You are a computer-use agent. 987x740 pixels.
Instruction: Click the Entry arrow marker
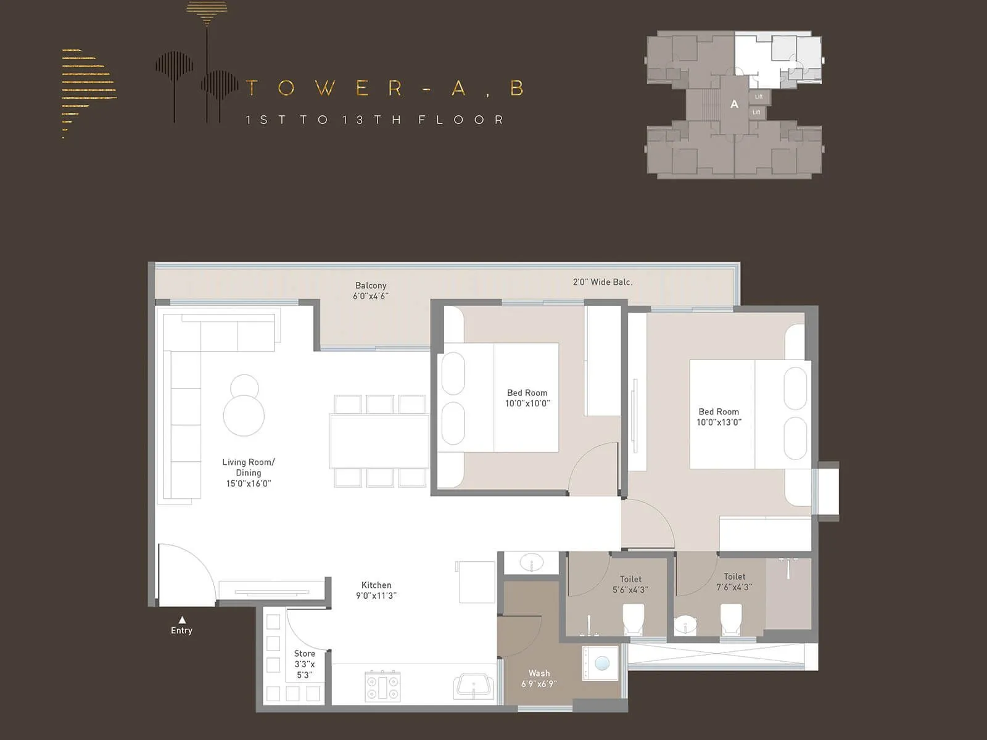[182, 620]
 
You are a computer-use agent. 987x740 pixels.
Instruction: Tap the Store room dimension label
[305, 664]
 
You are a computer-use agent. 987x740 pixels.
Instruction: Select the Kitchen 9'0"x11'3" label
[376, 590]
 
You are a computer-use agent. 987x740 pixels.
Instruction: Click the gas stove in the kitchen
[382, 687]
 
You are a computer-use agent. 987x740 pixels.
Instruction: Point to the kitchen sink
[474, 686]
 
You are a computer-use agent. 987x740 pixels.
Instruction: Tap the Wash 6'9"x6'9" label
[539, 678]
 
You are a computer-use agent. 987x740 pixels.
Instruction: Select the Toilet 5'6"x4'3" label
[630, 585]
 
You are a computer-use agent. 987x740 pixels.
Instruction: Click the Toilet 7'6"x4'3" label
[734, 582]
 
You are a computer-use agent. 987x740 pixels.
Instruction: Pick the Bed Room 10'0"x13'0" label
[719, 417]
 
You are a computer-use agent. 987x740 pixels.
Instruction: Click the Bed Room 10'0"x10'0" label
[527, 398]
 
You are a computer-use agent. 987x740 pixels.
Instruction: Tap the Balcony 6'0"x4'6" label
[371, 290]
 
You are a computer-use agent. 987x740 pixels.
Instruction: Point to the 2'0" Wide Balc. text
[603, 282]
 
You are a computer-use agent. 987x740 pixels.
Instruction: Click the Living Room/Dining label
[249, 472]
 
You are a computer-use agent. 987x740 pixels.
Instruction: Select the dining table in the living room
[379, 442]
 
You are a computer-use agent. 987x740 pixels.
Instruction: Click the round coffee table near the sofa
[244, 415]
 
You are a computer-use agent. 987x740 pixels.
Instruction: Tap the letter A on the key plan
[734, 104]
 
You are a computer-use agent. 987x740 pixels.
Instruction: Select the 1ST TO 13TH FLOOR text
[375, 120]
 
